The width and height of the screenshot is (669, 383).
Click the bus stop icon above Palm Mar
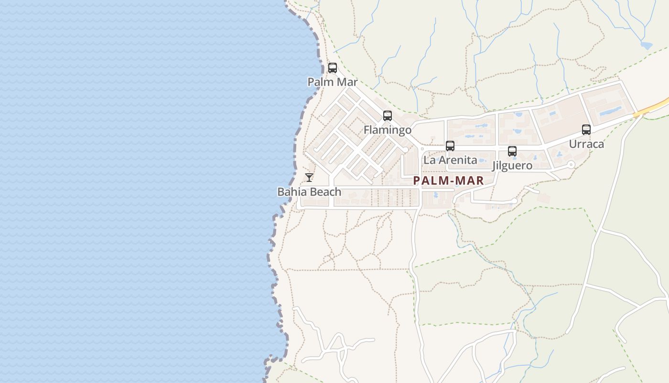333,68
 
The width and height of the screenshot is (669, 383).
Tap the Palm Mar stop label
333,82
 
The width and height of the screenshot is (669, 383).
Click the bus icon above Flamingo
388,116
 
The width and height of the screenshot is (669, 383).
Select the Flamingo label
388,130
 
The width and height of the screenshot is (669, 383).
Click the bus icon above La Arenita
450,146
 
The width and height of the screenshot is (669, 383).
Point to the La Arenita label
450,160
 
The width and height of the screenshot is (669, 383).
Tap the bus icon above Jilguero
512,151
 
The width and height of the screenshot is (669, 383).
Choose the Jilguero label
512,166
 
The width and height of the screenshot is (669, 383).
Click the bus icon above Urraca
586,130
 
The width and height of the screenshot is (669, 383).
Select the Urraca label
586,144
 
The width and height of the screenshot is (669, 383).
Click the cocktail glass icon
310,178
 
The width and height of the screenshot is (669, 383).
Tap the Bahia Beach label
310,192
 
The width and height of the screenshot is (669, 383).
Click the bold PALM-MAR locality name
449,180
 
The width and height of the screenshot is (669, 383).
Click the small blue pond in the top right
647,45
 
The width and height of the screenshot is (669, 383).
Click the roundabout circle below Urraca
571,165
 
